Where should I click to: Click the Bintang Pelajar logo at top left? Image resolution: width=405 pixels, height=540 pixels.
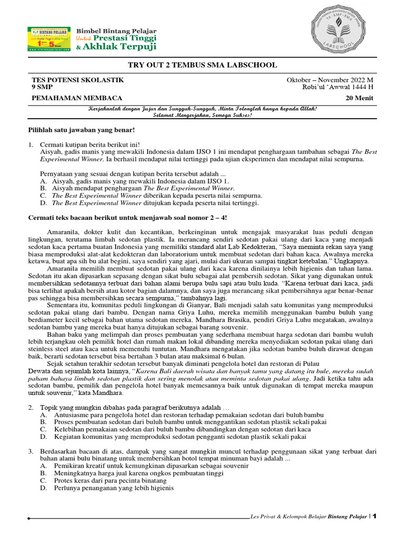tap(49, 38)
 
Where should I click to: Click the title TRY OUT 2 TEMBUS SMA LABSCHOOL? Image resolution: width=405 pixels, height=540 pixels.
tap(202, 65)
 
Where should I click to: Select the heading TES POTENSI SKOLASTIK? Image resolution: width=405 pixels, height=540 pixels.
tap(78, 80)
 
